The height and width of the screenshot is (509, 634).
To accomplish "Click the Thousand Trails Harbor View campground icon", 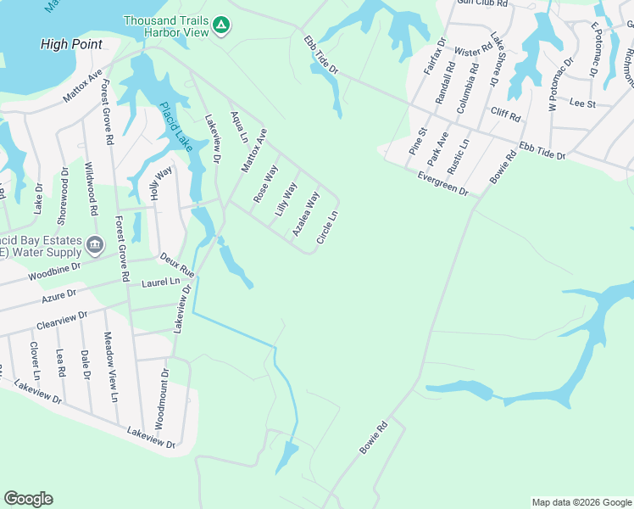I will point(220,25).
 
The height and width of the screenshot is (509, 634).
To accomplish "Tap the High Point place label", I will point(71,44).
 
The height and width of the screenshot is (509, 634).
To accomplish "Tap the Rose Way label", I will point(265,183).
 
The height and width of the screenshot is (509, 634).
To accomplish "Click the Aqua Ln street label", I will point(239,126).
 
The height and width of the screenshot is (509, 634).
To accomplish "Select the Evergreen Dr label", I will point(442,184).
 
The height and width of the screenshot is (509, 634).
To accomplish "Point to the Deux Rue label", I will point(178,265).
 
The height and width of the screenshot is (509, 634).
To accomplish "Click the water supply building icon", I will point(95,246).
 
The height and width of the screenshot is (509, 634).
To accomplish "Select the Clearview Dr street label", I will point(62,321).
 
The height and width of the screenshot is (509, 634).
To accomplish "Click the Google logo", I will point(28,499).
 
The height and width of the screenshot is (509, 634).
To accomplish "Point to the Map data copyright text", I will point(581,502).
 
